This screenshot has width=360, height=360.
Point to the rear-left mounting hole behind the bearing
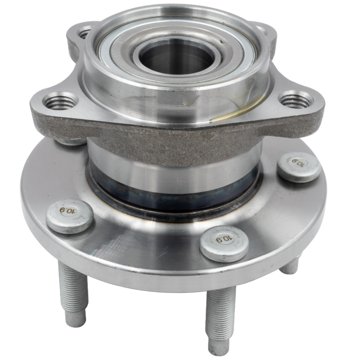pos(85,33)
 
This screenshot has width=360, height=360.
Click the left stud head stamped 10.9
pos(69,216)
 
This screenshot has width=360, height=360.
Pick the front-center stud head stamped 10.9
pos(224,243)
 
